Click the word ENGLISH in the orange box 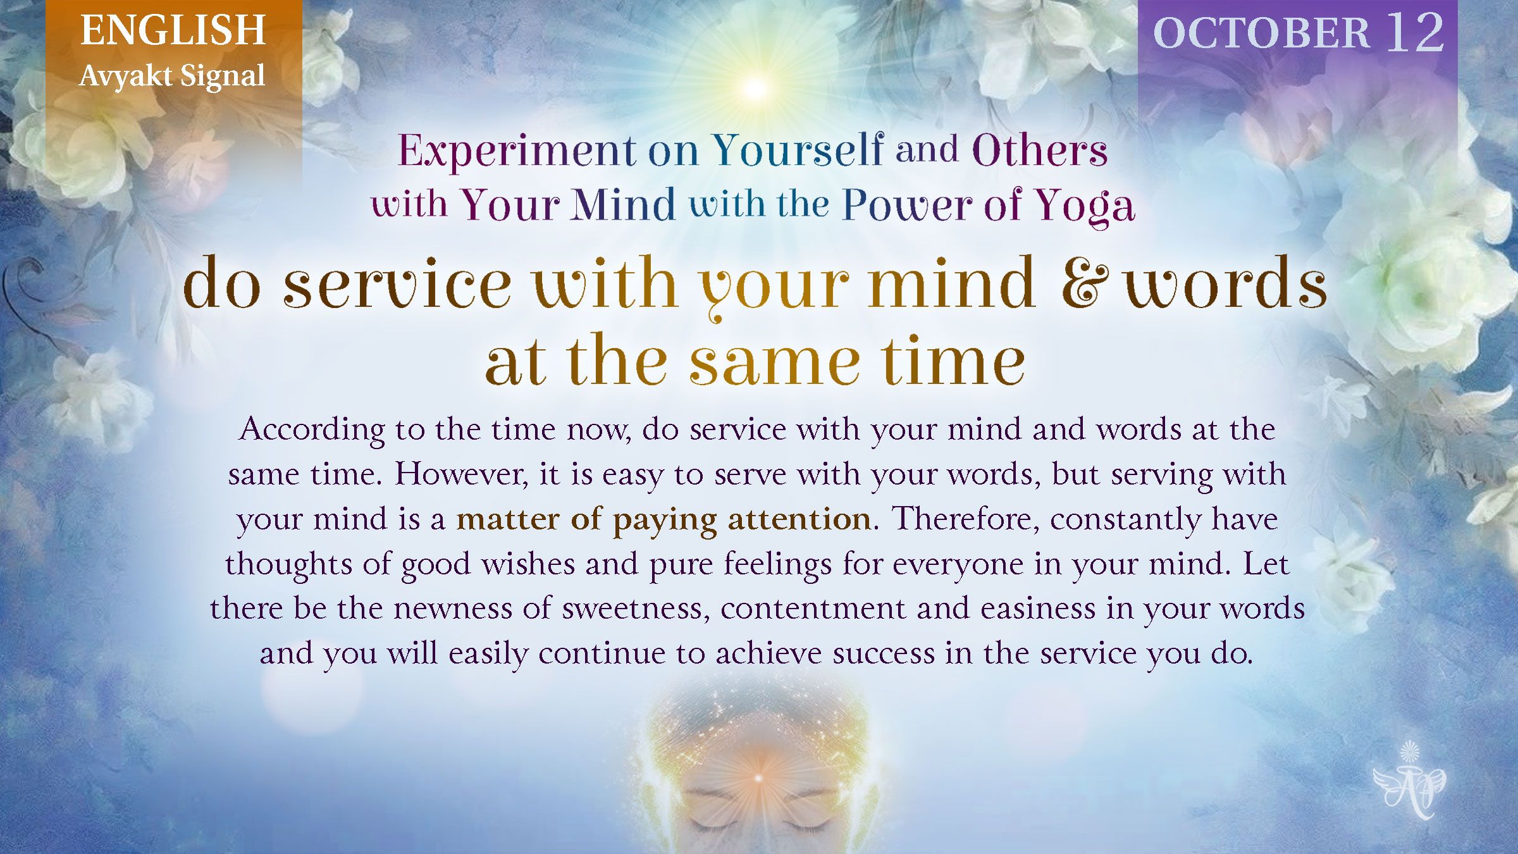(173, 30)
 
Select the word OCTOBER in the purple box (1261, 33)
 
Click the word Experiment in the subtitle (517, 151)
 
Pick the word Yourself (798, 150)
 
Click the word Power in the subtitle (908, 205)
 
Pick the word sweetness (635, 609)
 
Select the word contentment (813, 609)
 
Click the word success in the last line (883, 653)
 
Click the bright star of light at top (754, 89)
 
